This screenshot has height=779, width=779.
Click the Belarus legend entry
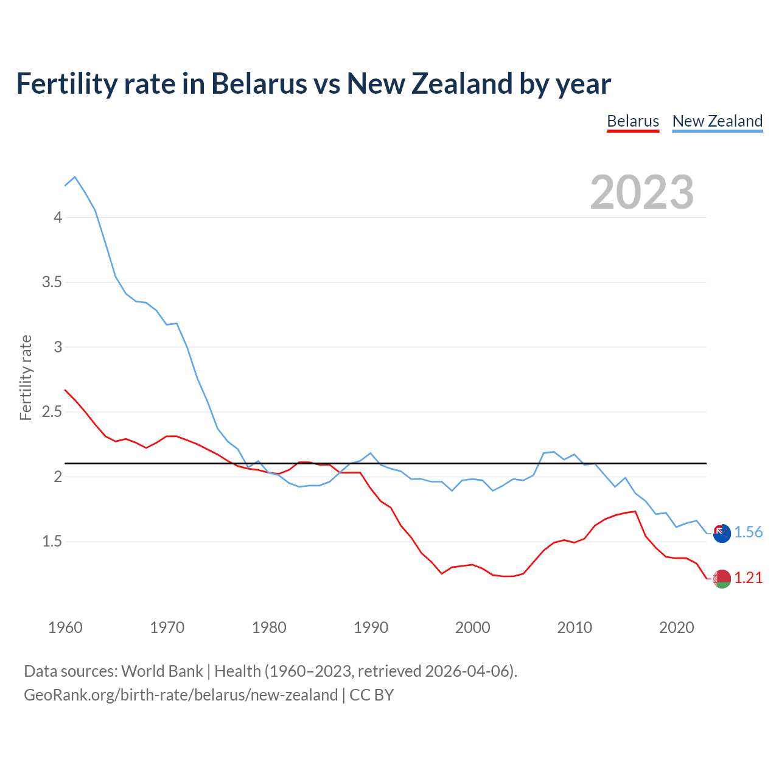(633, 121)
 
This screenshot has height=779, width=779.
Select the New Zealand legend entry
(717, 121)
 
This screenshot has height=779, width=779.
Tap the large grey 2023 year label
(641, 192)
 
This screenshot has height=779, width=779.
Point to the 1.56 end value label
(748, 532)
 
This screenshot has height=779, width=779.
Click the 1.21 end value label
(748, 578)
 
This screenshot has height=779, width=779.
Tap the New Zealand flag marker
(722, 533)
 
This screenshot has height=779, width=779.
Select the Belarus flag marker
(722, 579)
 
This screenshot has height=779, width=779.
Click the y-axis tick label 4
(58, 217)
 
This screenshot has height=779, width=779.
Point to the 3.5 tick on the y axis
(52, 282)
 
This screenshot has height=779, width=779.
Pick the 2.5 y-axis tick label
(52, 412)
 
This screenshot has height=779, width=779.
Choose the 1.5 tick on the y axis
(52, 542)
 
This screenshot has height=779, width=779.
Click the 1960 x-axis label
(65, 627)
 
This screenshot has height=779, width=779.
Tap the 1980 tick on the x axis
(269, 627)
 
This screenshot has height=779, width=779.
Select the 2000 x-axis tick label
(472, 627)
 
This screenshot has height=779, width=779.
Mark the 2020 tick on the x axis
(676, 627)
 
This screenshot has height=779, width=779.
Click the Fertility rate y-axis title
(26, 377)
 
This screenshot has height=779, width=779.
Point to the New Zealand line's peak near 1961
(75, 177)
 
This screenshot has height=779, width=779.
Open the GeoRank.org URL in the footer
(181, 695)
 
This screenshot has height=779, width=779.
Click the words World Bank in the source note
(162, 671)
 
